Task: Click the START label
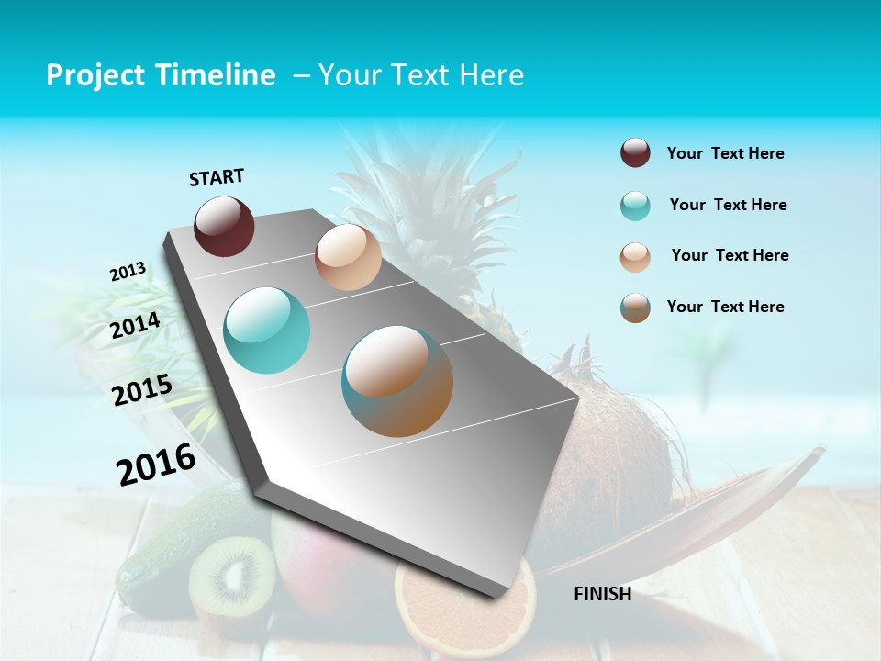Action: pyautogui.click(x=217, y=177)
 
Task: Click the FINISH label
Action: pyautogui.click(x=602, y=594)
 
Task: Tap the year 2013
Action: pyautogui.click(x=128, y=272)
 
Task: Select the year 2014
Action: pyautogui.click(x=135, y=325)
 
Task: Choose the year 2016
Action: pyautogui.click(x=156, y=465)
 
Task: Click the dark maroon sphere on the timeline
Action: pyautogui.click(x=224, y=226)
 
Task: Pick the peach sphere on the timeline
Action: pyautogui.click(x=348, y=257)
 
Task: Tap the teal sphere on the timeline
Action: pyautogui.click(x=266, y=330)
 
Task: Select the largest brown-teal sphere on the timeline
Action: pyautogui.click(x=397, y=381)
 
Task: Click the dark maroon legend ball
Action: pyautogui.click(x=635, y=153)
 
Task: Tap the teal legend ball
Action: pyautogui.click(x=635, y=206)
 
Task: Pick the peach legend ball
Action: pyautogui.click(x=635, y=257)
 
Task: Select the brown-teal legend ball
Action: pyautogui.click(x=635, y=308)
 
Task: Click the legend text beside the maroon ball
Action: pyautogui.click(x=725, y=154)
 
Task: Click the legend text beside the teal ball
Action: pyautogui.click(x=728, y=205)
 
